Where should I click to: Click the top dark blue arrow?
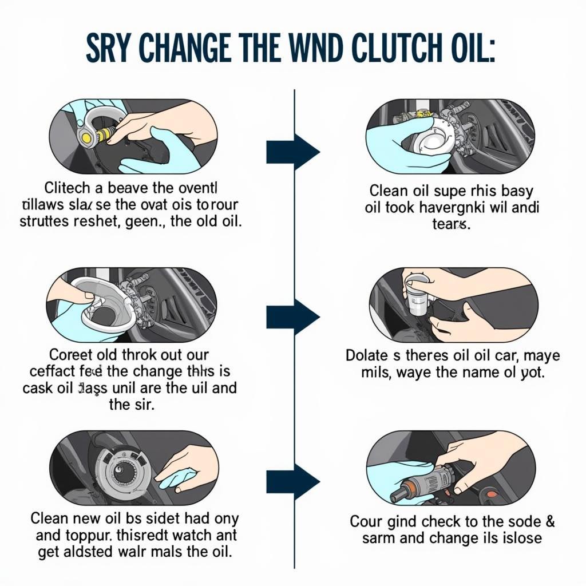point(292,152)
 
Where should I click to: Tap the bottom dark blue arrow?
point(292,481)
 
